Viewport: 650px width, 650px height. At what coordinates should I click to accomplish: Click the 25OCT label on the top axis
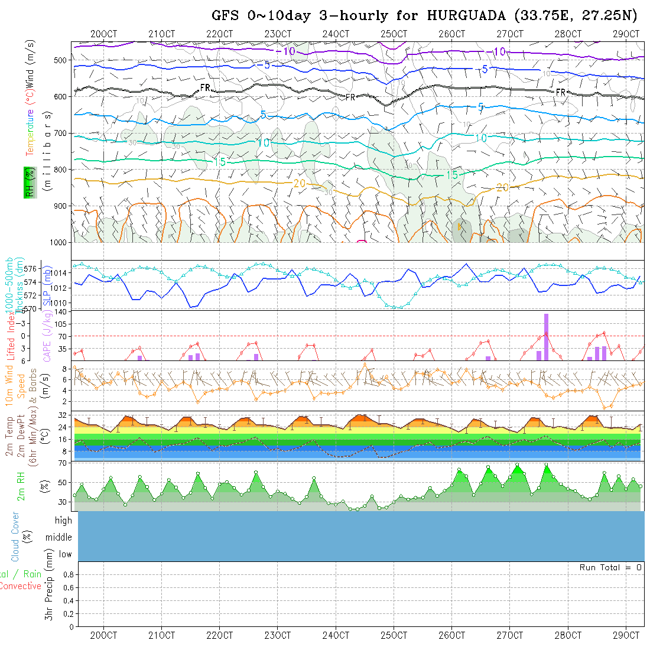(394, 34)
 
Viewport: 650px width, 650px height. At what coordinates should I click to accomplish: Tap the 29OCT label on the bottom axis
(626, 635)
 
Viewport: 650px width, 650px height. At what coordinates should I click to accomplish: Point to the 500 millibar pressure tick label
(60, 60)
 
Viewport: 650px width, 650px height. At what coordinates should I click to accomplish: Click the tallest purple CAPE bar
(546, 337)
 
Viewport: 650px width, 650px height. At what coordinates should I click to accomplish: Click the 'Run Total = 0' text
(610, 567)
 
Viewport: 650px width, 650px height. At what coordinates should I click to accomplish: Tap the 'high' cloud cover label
(63, 521)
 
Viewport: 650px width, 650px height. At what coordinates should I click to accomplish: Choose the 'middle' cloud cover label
(59, 537)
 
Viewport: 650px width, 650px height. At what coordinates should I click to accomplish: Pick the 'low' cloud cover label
(65, 554)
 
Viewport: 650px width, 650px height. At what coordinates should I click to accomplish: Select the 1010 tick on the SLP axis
(60, 303)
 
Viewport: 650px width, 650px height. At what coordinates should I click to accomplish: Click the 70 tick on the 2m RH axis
(61, 463)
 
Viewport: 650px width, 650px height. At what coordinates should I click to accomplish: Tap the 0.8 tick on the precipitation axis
(67, 574)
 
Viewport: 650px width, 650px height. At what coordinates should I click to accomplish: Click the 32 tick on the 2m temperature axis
(61, 415)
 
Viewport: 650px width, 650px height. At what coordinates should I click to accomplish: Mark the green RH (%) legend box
(28, 182)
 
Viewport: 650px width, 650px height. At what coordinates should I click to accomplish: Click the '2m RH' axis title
(21, 486)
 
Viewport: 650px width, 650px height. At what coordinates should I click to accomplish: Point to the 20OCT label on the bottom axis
(103, 635)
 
